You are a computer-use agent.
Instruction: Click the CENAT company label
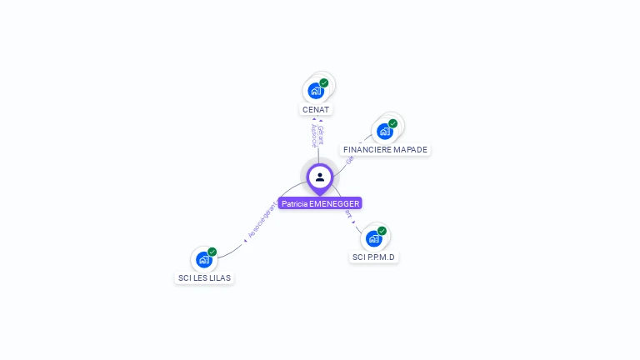(316, 109)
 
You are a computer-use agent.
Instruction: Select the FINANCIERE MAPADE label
(385, 150)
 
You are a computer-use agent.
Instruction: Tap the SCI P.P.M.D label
(374, 257)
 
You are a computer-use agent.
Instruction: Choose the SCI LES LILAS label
(204, 277)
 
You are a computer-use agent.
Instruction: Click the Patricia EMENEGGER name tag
(320, 203)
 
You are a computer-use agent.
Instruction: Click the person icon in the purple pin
(320, 177)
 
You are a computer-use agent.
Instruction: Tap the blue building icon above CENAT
(315, 91)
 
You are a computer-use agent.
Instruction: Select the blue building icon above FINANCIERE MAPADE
(384, 131)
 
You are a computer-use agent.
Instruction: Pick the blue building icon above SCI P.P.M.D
(373, 238)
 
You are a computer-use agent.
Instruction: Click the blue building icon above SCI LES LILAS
(203, 259)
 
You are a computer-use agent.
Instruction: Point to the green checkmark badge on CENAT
(324, 82)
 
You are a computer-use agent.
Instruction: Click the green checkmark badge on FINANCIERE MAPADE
(393, 123)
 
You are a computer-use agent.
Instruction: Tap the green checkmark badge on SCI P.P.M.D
(382, 231)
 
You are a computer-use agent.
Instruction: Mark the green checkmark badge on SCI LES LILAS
(212, 252)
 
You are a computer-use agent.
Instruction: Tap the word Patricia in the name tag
(294, 203)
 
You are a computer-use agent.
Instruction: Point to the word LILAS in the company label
(219, 277)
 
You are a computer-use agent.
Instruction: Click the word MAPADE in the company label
(408, 150)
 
